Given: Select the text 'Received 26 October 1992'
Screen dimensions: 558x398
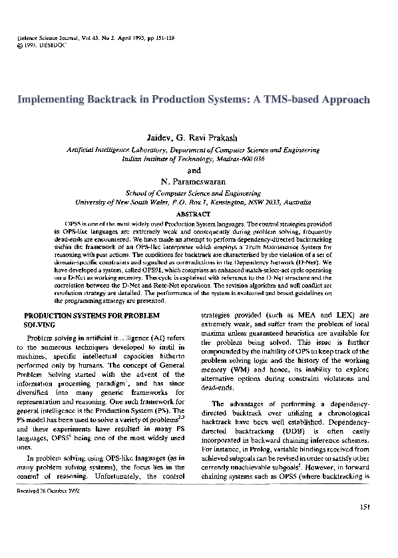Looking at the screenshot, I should point(48,497).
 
